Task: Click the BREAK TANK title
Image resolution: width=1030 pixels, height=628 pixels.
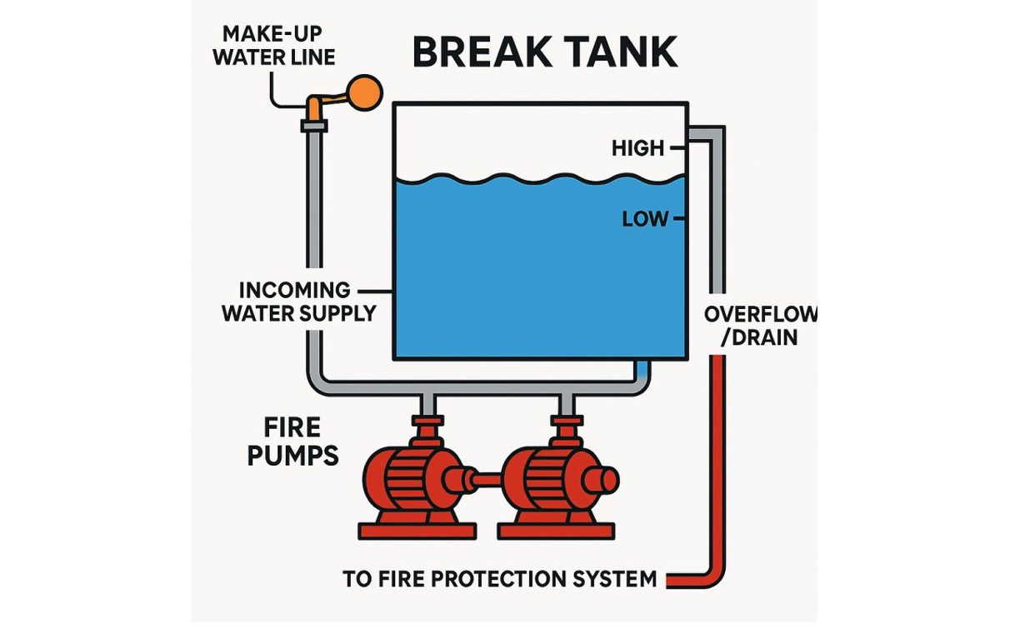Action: point(544,52)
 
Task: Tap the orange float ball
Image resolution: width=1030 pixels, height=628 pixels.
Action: point(363,92)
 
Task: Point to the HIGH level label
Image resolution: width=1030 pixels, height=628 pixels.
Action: point(637,148)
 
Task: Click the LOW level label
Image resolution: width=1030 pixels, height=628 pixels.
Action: point(645,219)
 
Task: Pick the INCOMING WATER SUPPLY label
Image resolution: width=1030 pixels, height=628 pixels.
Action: point(307,302)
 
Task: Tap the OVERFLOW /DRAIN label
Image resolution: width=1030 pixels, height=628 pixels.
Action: point(760,326)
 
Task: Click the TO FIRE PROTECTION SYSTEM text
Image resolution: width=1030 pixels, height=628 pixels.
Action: point(500,578)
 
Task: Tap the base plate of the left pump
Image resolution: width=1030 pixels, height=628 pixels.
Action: point(407,531)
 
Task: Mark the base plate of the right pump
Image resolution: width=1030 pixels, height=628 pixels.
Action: point(555,531)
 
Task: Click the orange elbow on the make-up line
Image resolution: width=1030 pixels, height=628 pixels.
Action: point(316,106)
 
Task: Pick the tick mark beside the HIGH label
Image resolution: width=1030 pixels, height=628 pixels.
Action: point(676,148)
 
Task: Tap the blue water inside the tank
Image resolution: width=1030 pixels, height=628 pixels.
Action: point(533,275)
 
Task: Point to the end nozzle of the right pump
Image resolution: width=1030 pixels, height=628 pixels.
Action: point(604,481)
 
